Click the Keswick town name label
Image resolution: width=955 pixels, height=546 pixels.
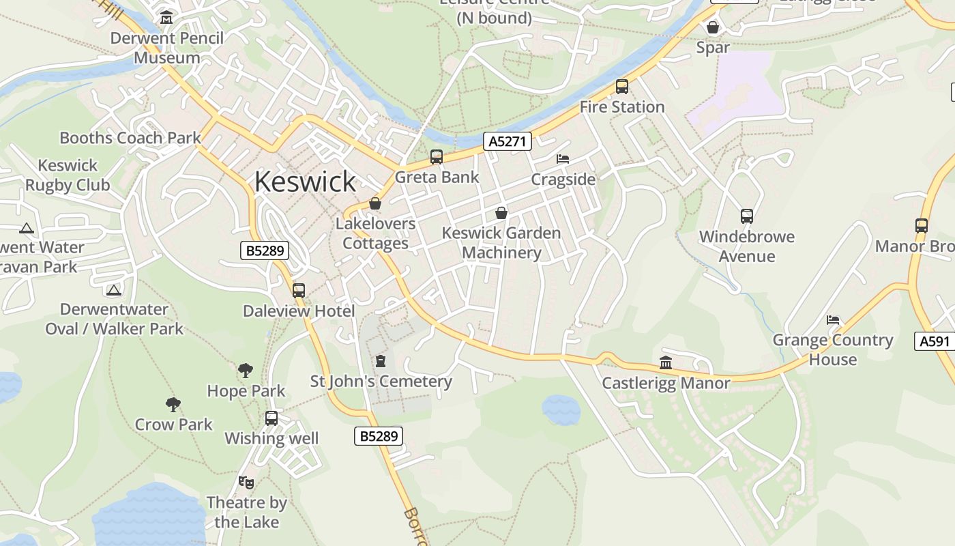(x=305, y=182)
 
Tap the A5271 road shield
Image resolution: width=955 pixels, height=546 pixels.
(x=508, y=141)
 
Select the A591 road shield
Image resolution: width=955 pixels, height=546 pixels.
(x=934, y=341)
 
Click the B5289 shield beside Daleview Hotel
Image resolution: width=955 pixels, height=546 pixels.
(x=265, y=250)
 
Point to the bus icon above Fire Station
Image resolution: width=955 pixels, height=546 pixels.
(x=621, y=87)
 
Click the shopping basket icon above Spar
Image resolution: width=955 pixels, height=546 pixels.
(x=713, y=27)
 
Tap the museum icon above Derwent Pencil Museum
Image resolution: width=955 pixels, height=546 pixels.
(x=166, y=18)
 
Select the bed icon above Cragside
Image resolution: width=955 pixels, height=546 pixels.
(x=563, y=159)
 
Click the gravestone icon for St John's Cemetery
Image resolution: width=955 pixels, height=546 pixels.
(x=381, y=360)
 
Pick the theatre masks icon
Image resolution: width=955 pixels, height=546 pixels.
(x=246, y=483)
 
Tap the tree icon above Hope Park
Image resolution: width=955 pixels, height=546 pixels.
(x=246, y=371)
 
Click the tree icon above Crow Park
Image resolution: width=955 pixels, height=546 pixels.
(x=173, y=404)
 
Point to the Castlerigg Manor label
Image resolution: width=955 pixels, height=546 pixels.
(x=666, y=383)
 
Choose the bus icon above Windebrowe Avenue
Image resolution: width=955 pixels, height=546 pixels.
(x=747, y=216)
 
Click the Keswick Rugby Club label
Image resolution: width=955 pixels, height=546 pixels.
(x=68, y=175)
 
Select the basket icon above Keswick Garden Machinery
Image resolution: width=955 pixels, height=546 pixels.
(x=501, y=213)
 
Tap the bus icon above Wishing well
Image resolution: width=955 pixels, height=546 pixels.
(x=271, y=418)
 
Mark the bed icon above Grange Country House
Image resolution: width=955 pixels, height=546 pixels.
(x=832, y=319)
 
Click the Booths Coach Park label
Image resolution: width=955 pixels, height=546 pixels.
(x=130, y=138)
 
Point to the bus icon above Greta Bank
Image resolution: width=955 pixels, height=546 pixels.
(x=437, y=157)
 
